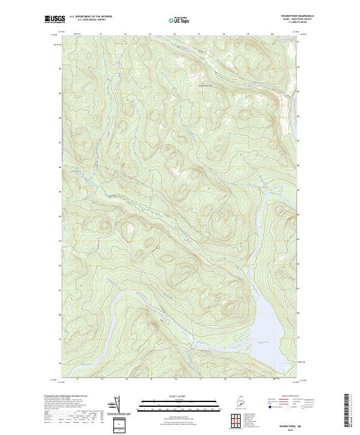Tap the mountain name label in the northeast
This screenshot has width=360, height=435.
pos(206,85)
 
